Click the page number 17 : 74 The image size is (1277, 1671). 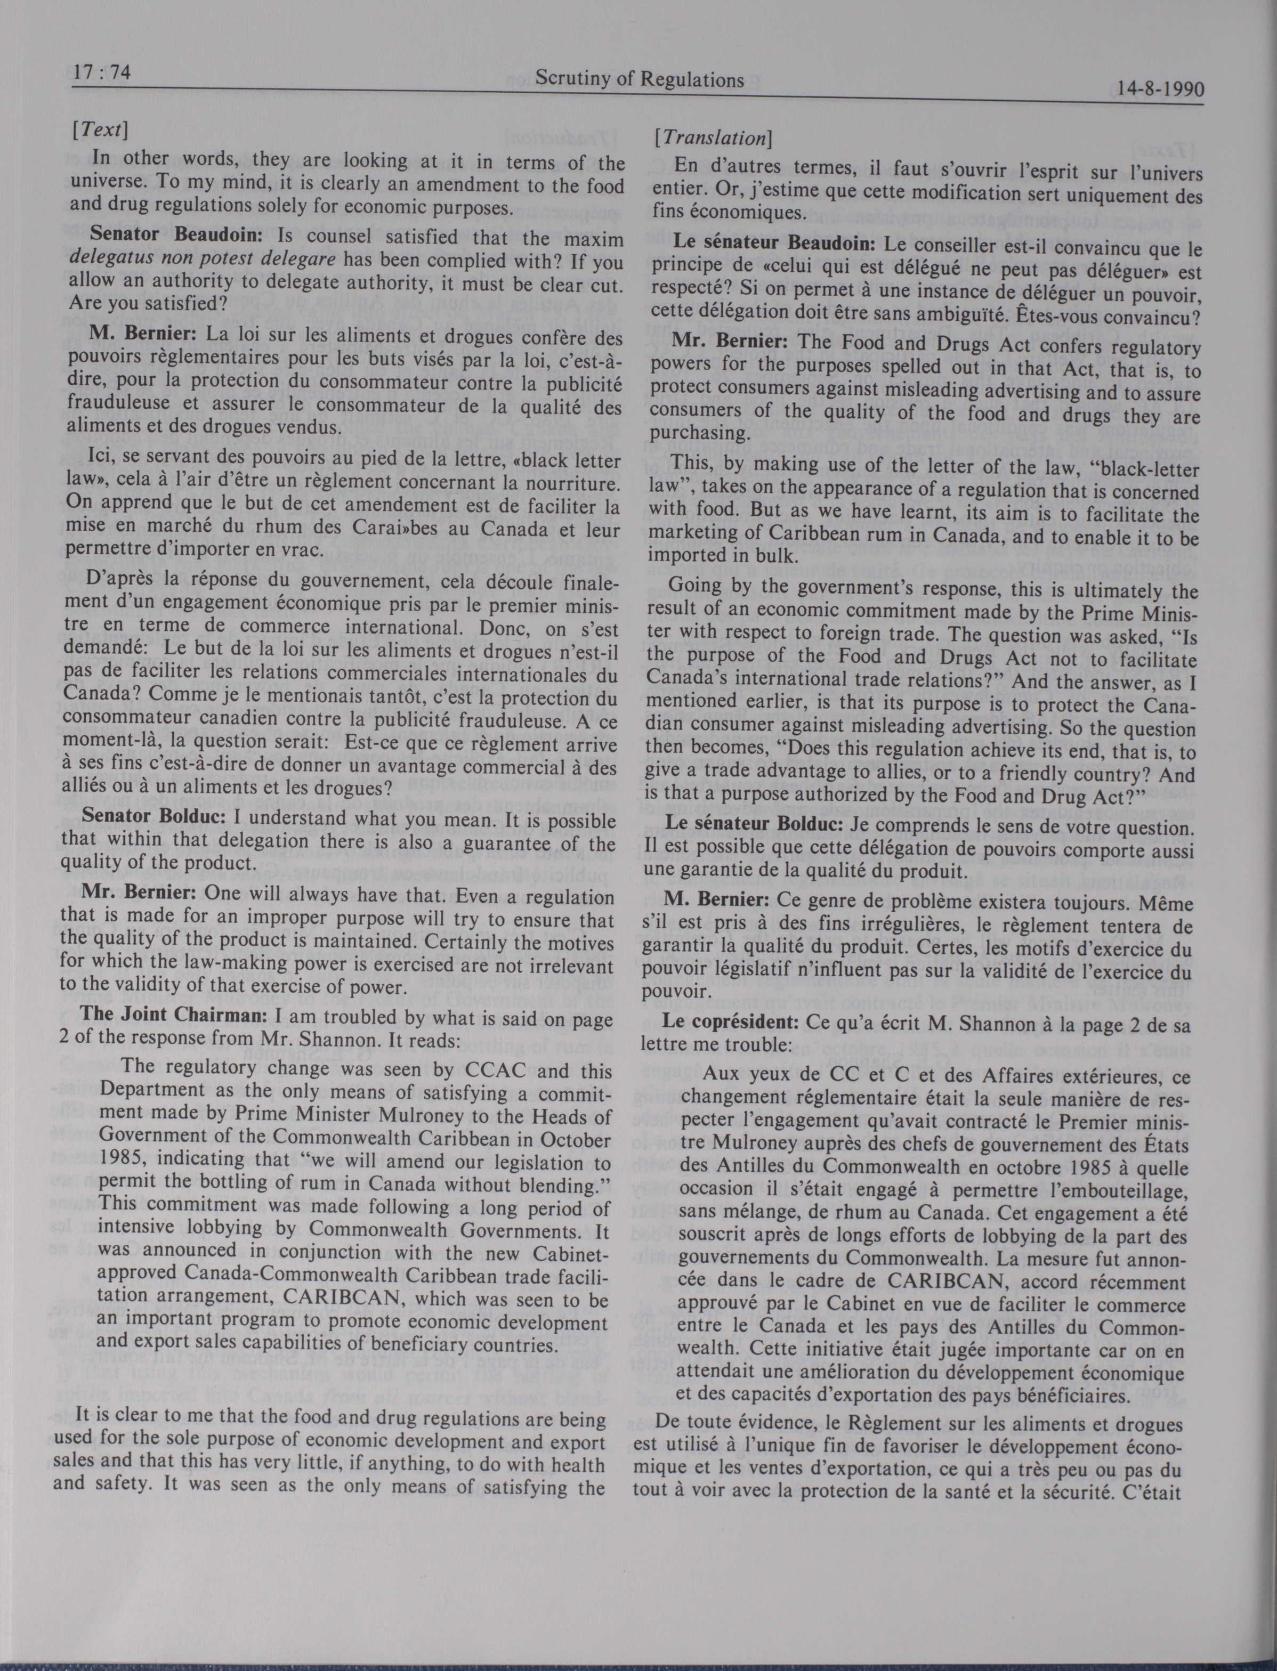(x=102, y=73)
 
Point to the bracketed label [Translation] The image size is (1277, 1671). (x=713, y=139)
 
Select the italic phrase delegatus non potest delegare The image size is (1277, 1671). (x=202, y=258)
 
